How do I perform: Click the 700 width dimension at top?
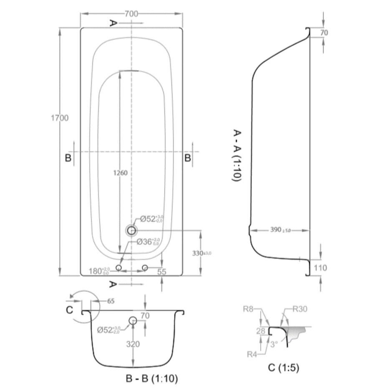pyautogui.click(x=131, y=14)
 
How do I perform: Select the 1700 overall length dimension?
pyautogui.click(x=60, y=118)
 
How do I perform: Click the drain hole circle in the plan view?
pyautogui.click(x=132, y=230)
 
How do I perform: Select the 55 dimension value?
pyautogui.click(x=162, y=272)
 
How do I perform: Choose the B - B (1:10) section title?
pyautogui.click(x=152, y=379)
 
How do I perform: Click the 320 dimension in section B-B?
pyautogui.click(x=133, y=344)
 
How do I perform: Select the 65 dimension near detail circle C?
pyautogui.click(x=111, y=300)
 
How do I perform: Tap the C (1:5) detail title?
pyautogui.click(x=283, y=368)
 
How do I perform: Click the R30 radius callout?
pyautogui.click(x=300, y=310)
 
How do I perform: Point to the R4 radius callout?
pyautogui.click(x=252, y=354)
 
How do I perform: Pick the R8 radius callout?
pyautogui.click(x=249, y=310)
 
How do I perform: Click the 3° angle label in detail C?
pyautogui.click(x=274, y=344)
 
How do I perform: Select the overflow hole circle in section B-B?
pyautogui.click(x=133, y=320)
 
